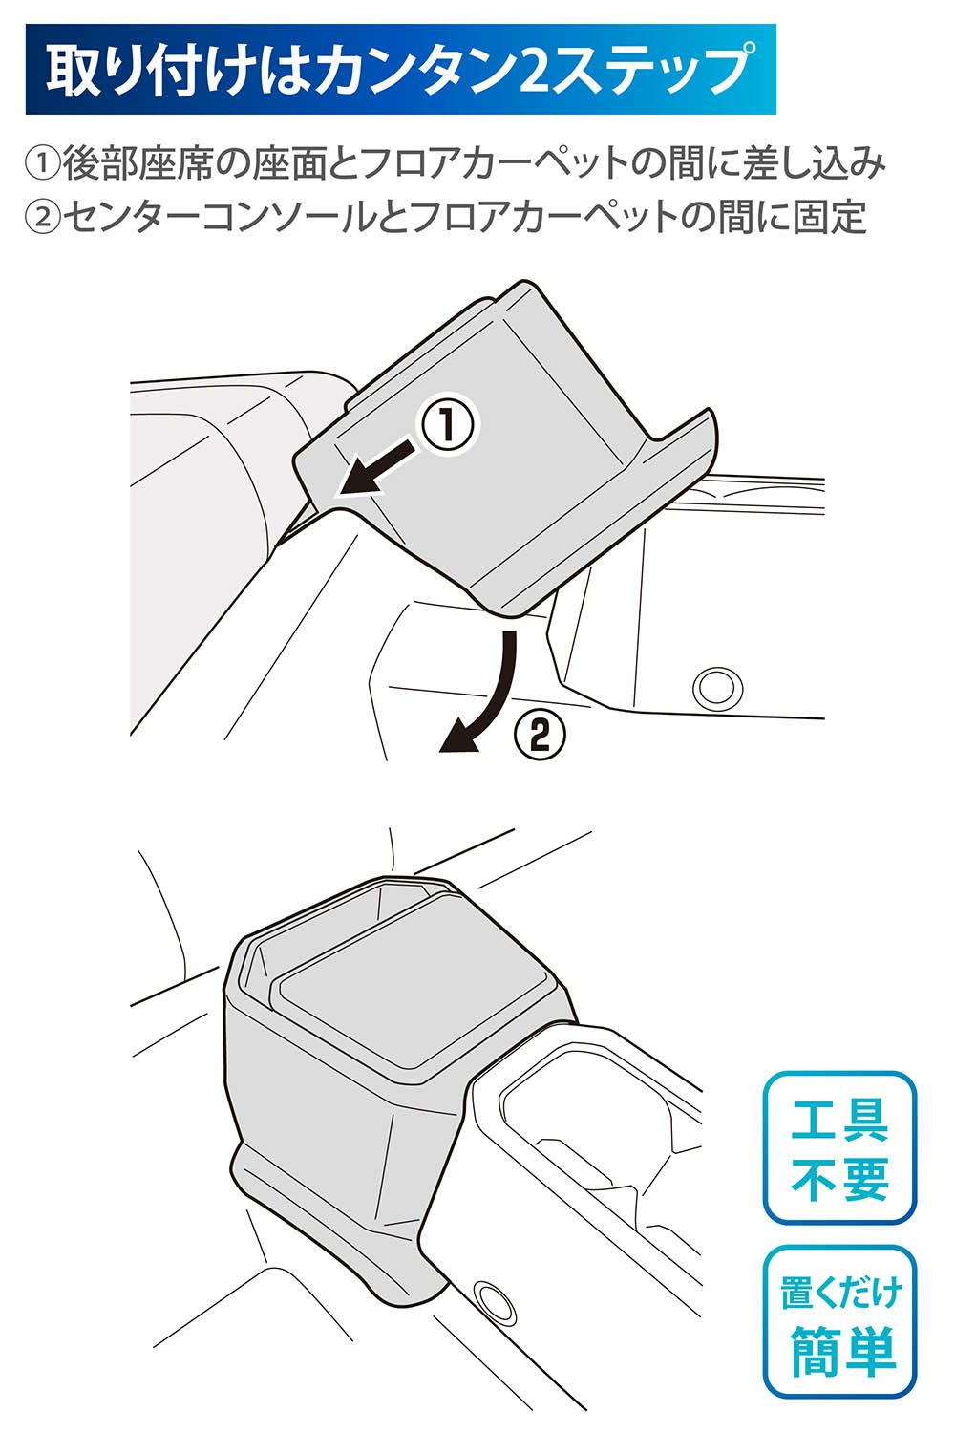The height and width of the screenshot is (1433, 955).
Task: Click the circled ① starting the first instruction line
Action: (x=42, y=163)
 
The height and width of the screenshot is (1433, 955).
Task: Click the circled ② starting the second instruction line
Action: (x=42, y=218)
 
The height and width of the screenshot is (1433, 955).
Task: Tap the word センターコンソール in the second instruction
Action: (x=217, y=218)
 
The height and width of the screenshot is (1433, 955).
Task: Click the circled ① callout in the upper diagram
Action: (x=448, y=425)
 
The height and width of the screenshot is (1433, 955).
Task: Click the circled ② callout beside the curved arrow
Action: (x=540, y=736)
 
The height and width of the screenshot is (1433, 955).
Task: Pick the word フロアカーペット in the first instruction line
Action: (x=498, y=163)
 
